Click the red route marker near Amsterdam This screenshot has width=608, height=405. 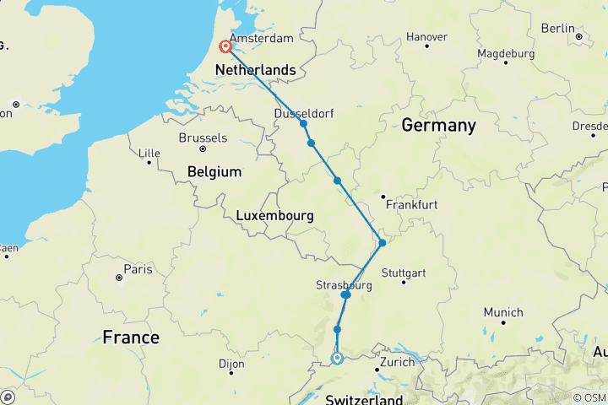coord(225,48)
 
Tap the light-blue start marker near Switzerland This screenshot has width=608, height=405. coord(337,359)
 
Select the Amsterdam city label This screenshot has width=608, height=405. coord(261,39)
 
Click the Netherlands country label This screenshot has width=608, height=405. coord(257,69)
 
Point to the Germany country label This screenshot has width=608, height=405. coord(438,125)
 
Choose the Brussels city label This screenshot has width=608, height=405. coord(203,138)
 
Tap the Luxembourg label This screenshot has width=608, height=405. coord(274,216)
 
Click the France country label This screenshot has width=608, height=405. coord(131,337)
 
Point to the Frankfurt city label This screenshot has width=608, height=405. coord(410,204)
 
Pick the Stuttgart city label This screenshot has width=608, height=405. coord(404,273)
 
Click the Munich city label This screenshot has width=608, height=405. coord(503,311)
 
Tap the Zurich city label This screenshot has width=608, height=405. coord(397,362)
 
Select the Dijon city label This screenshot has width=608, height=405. coord(230,364)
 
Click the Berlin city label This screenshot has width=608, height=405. coord(557,28)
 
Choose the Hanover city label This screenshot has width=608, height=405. coord(426,37)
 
